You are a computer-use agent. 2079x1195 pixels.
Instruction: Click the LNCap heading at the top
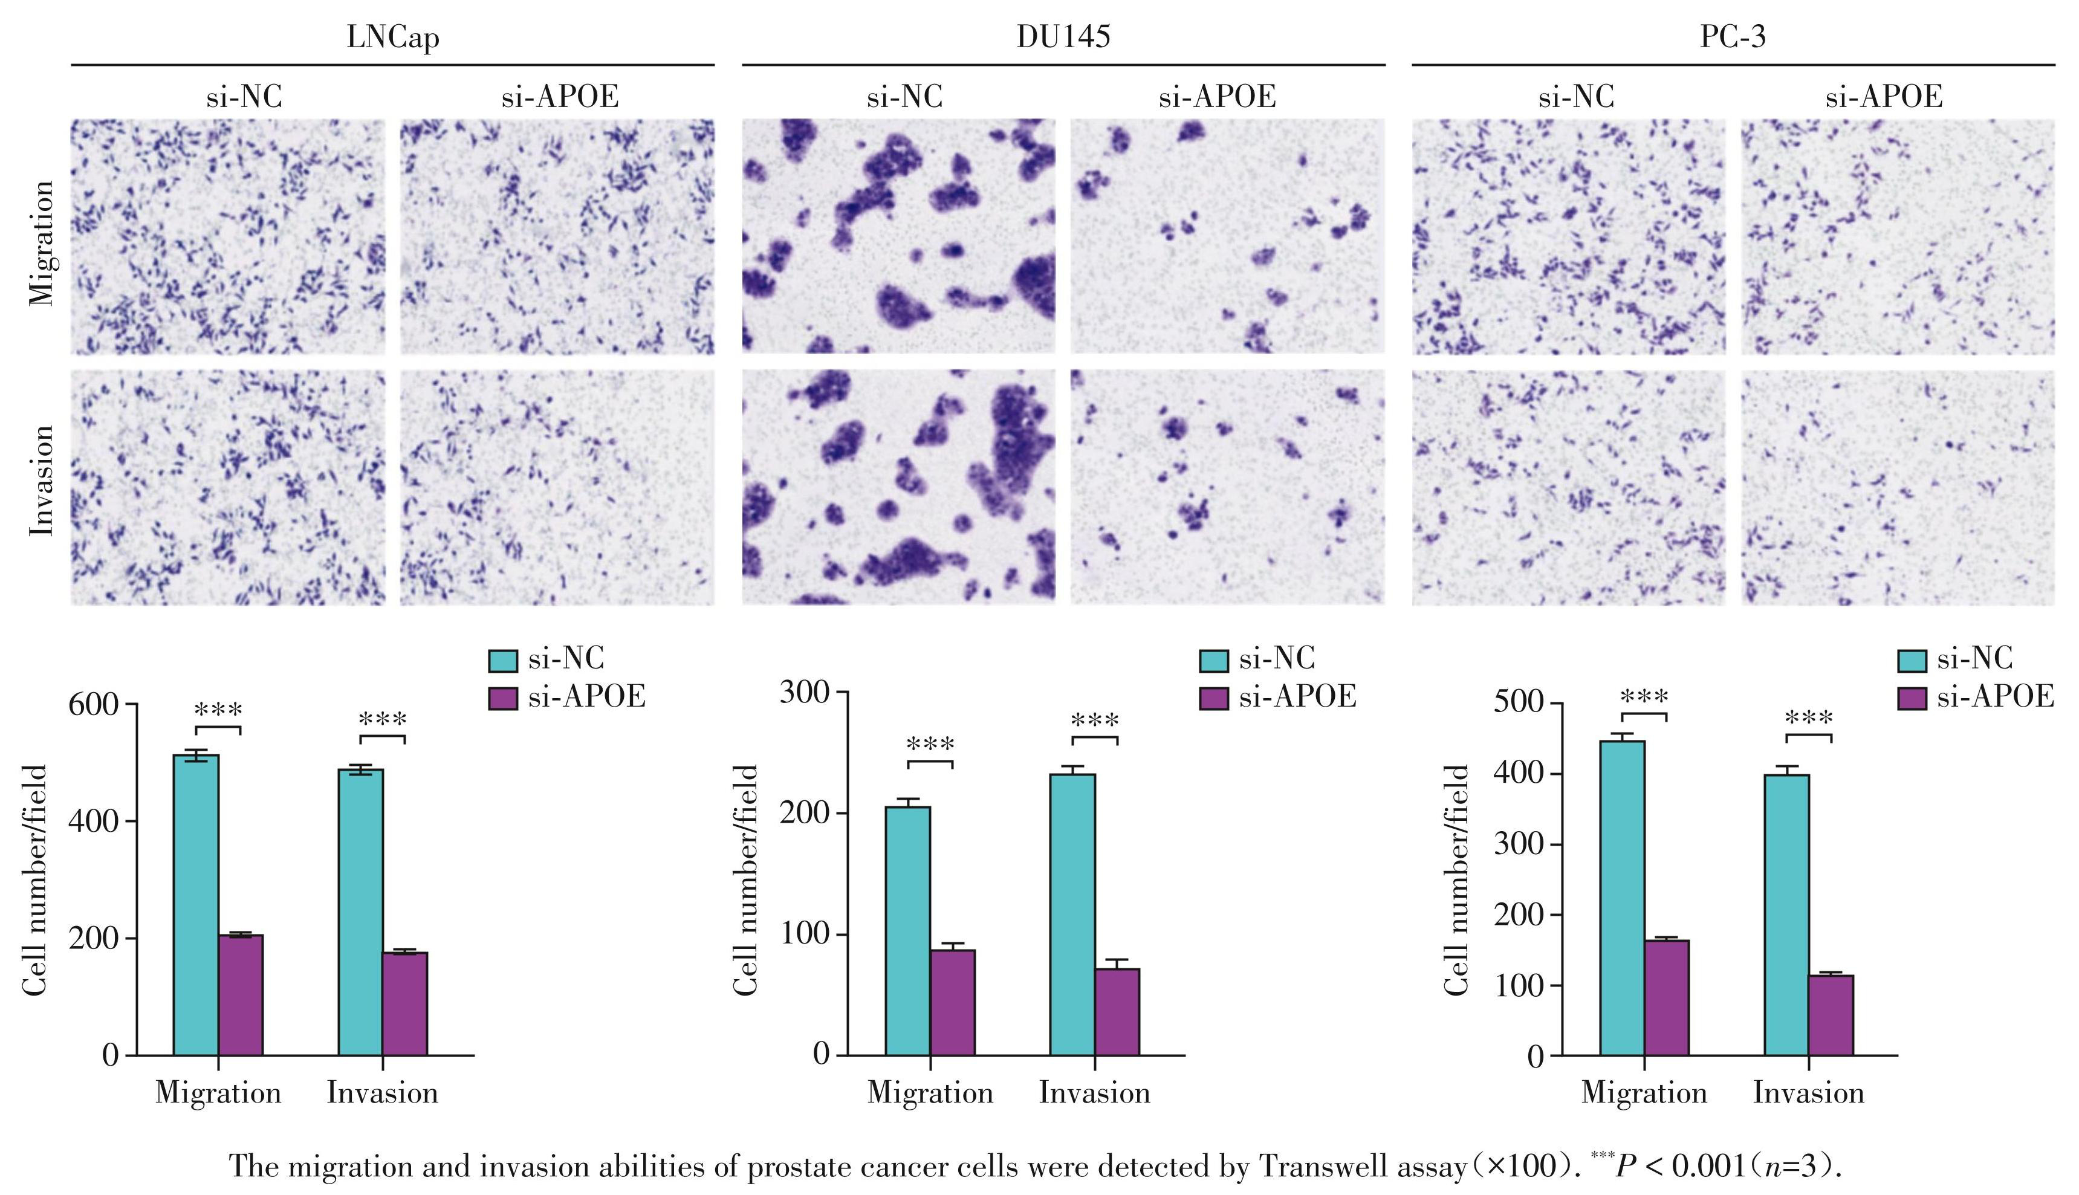[392, 37]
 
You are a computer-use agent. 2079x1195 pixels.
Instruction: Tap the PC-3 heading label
[1733, 37]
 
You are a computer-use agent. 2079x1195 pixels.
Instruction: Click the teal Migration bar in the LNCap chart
[196, 903]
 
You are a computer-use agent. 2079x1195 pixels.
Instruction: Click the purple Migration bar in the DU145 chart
[953, 1002]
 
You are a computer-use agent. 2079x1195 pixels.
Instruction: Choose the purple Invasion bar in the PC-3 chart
[1831, 1014]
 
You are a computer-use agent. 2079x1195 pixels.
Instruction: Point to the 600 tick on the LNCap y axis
[94, 705]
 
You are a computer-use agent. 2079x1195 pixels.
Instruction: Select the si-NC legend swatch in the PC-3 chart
[1912, 661]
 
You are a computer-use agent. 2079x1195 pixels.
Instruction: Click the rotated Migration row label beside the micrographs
[41, 243]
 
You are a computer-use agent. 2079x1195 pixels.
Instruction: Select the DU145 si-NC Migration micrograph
[899, 236]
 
